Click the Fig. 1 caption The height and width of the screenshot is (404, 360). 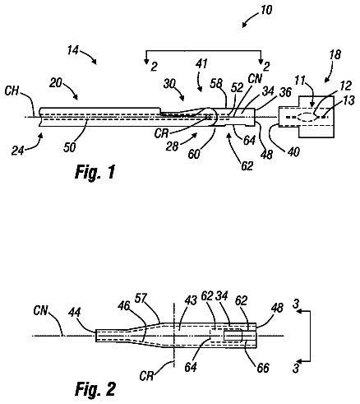95,172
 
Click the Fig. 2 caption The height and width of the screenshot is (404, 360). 95,388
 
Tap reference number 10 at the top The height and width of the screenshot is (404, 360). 265,10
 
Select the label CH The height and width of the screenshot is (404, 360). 12,91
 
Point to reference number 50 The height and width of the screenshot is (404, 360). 69,147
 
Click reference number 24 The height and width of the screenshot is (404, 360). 17,151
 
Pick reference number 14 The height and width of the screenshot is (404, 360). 73,50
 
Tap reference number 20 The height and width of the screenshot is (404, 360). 56,82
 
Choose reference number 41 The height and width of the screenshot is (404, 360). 201,64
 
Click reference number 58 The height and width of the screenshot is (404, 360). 216,83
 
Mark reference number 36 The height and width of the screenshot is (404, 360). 285,92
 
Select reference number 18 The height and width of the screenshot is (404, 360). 335,54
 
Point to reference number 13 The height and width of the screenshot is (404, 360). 348,100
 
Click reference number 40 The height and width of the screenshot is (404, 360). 293,151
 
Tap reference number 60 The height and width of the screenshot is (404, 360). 194,154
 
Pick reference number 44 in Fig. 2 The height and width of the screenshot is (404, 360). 75,312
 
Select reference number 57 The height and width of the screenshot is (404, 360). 141,299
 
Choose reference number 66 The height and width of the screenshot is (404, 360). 263,368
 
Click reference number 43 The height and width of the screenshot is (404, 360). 191,300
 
